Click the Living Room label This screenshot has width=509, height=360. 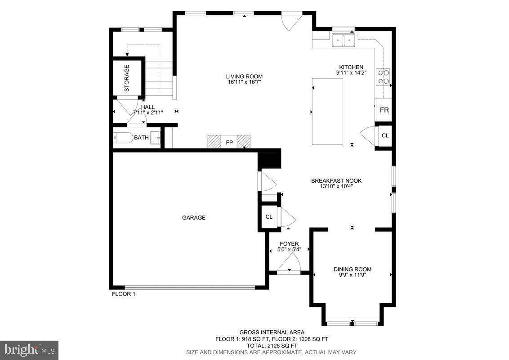pyautogui.click(x=244, y=76)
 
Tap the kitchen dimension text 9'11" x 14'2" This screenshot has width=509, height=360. pyautogui.click(x=351, y=72)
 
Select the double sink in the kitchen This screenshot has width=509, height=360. pyautogui.click(x=343, y=40)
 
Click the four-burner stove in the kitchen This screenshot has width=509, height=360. pyautogui.click(x=384, y=76)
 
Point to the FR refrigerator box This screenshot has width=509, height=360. pyautogui.click(x=384, y=110)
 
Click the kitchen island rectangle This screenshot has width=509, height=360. pyautogui.click(x=327, y=111)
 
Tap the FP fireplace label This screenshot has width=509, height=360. pyautogui.click(x=229, y=143)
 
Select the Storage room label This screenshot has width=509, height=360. pyautogui.click(x=127, y=78)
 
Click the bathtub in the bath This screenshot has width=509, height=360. pyautogui.click(x=123, y=138)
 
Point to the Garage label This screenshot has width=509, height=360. pyautogui.click(x=194, y=218)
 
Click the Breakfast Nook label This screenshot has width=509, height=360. pyautogui.click(x=336, y=181)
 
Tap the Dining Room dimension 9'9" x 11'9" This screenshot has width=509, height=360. pyautogui.click(x=353, y=274)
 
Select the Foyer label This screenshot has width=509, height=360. pyautogui.click(x=289, y=244)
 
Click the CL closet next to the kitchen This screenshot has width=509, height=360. pyautogui.click(x=385, y=135)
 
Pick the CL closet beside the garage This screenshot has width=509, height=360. pyautogui.click(x=269, y=217)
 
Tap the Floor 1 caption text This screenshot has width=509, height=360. pyautogui.click(x=123, y=294)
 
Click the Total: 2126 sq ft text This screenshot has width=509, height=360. pyautogui.click(x=271, y=346)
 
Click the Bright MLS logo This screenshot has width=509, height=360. pyautogui.click(x=29, y=350)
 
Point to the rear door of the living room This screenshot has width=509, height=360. pyautogui.click(x=290, y=22)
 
